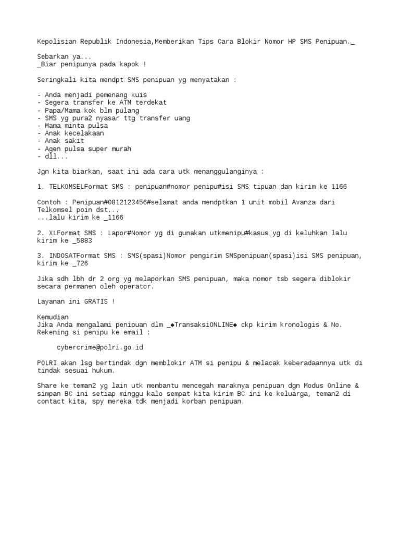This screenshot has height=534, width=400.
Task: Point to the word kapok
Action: tap(124, 64)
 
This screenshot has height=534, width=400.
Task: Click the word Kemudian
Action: tap(53, 317)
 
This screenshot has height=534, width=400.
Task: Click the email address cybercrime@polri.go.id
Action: tap(99, 347)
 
